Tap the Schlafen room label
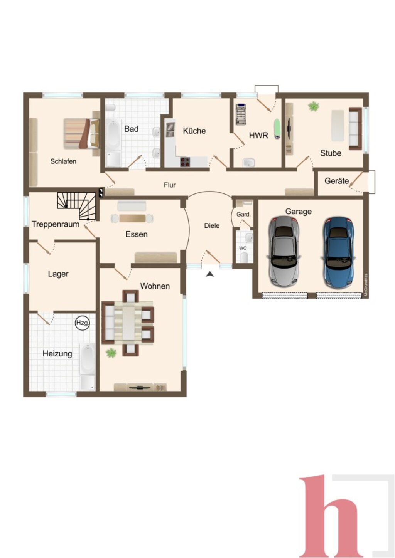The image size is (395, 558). coord(63,161)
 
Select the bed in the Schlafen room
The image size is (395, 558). coord(81,134)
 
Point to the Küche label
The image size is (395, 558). coord(194,131)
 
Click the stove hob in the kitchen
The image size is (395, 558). coord(185,162)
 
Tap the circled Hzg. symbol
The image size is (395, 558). coord(82,323)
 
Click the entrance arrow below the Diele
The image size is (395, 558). coord(210,274)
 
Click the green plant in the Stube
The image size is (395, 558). coord(314,106)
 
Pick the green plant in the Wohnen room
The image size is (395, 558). coord(111,353)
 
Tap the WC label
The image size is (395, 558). coord(243,248)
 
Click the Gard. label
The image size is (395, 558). coord(243,214)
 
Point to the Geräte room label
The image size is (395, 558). coord(336,181)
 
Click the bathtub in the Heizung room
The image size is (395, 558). coord(87,359)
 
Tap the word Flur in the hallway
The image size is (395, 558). coord(170,185)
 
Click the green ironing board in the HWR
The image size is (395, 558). coord(277,129)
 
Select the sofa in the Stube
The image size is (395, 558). coord(355,129)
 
